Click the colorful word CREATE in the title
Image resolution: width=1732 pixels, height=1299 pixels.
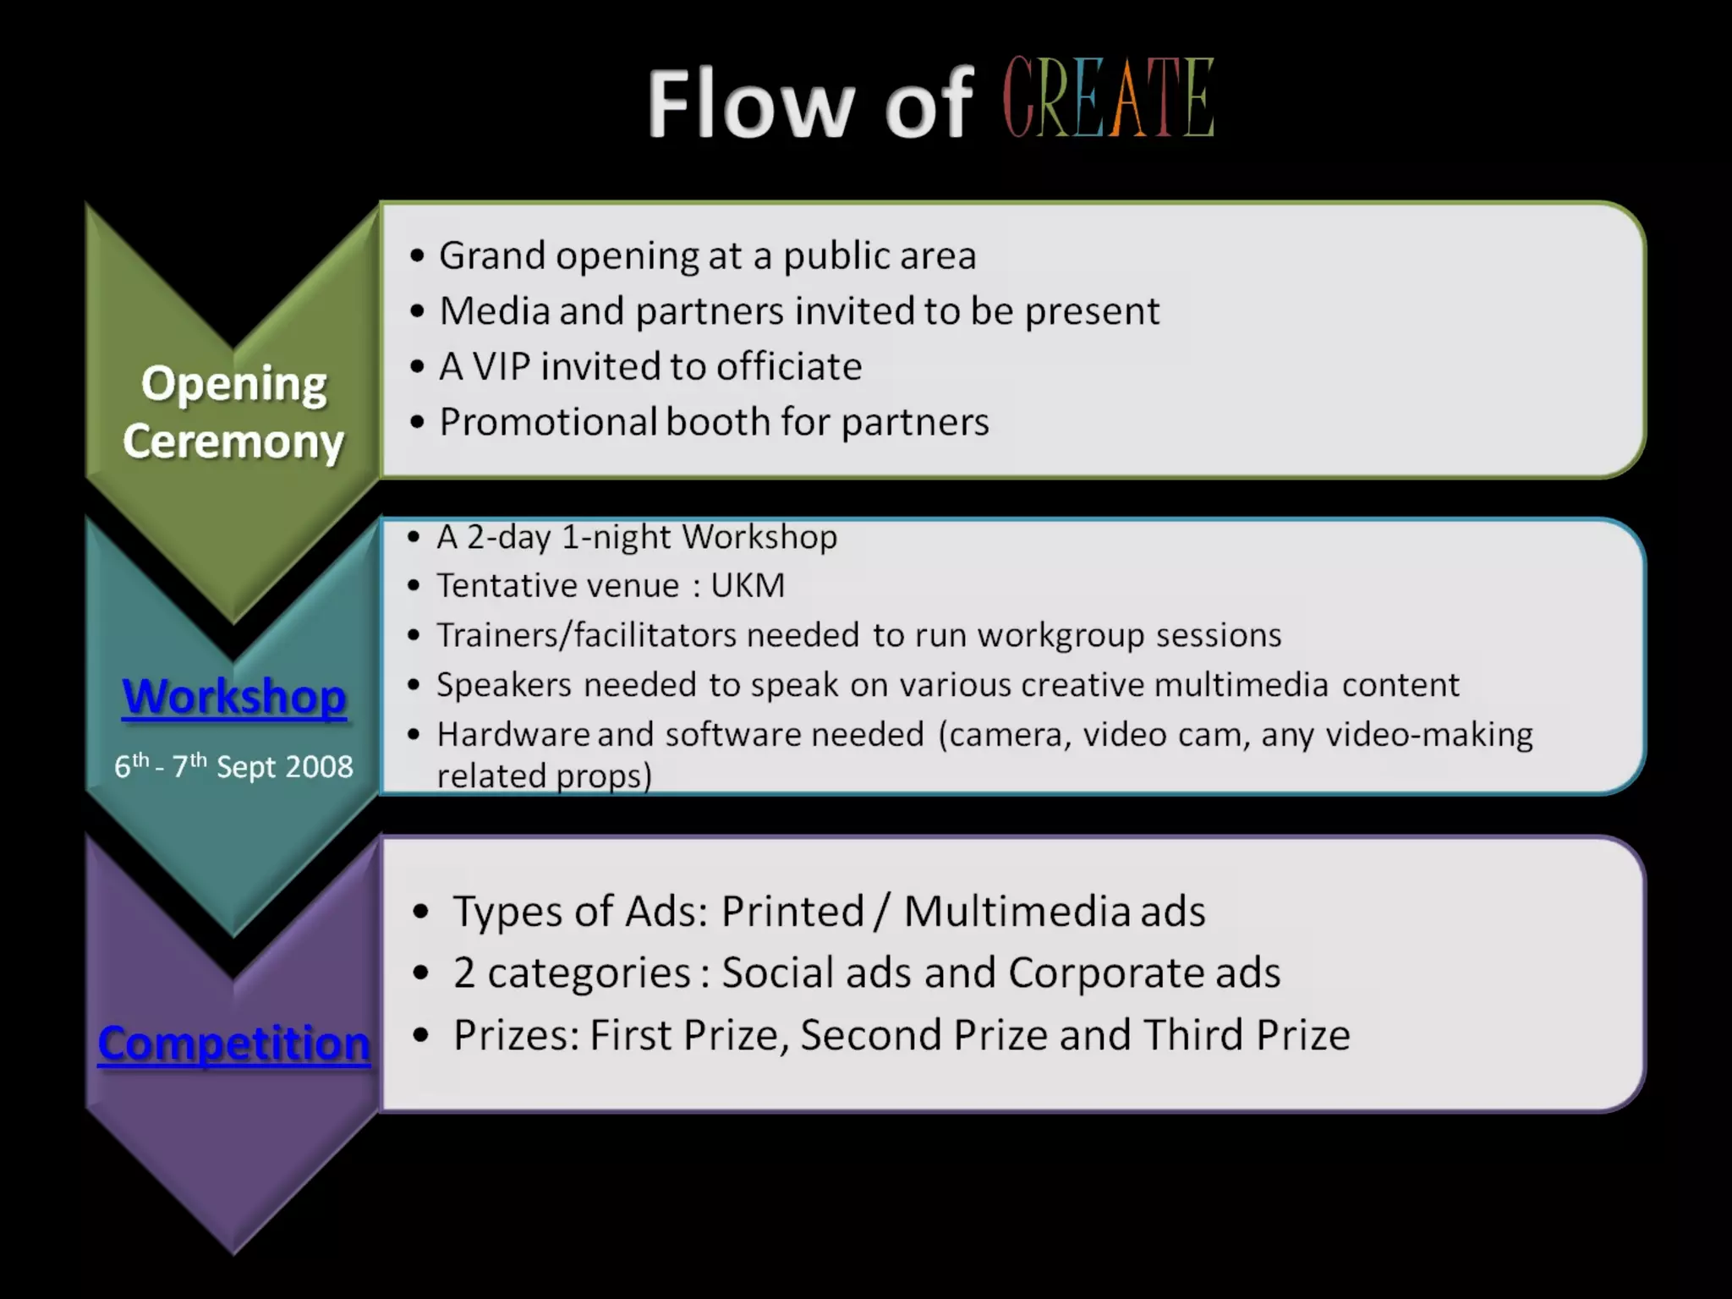1108,99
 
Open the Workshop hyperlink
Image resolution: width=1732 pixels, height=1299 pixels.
234,698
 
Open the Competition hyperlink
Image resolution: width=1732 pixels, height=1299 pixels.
234,1043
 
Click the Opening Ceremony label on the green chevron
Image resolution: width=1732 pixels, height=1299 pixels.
233,413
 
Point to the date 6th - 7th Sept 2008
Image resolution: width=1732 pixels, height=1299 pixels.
233,766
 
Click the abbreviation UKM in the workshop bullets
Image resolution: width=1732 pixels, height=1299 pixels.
748,585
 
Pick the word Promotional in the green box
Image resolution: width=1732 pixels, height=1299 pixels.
548,422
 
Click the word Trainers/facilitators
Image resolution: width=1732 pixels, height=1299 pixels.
586,635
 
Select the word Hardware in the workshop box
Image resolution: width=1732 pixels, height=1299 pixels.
512,734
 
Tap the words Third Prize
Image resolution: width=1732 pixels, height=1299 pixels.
1247,1034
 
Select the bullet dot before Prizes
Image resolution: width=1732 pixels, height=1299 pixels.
421,1034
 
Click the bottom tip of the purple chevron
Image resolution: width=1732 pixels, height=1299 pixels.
233,1249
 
